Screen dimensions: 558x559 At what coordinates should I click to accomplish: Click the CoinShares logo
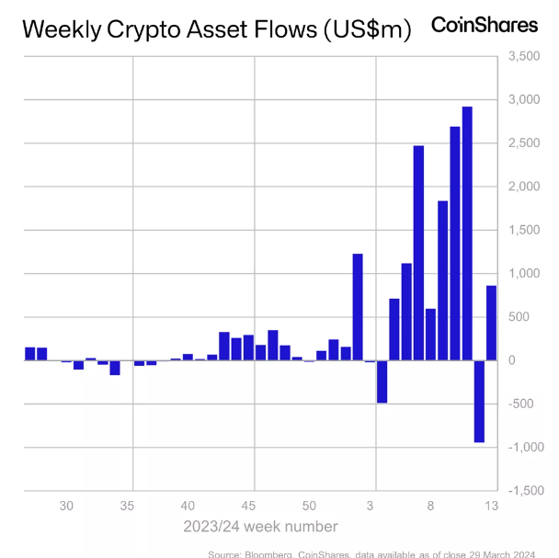pyautogui.click(x=485, y=26)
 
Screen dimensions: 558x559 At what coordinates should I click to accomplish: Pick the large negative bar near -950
pyautogui.click(x=479, y=401)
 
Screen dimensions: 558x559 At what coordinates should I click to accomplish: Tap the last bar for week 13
pyautogui.click(x=491, y=323)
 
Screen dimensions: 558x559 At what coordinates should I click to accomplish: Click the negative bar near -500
pyautogui.click(x=382, y=381)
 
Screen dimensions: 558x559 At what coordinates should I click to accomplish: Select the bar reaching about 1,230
pyautogui.click(x=358, y=307)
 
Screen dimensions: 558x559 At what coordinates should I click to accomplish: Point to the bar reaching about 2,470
pyautogui.click(x=418, y=253)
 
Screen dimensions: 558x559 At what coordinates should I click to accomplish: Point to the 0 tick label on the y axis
pyautogui.click(x=511, y=360)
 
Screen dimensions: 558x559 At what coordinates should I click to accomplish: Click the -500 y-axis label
pyautogui.click(x=520, y=404)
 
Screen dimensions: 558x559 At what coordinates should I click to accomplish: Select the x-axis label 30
pyautogui.click(x=66, y=506)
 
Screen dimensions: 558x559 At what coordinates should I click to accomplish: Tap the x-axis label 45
pyautogui.click(x=248, y=506)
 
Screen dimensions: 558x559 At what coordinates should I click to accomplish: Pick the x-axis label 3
pyautogui.click(x=370, y=506)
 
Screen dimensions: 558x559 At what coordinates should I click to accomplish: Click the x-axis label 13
pyautogui.click(x=491, y=506)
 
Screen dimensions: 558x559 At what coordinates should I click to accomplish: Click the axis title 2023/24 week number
pyautogui.click(x=260, y=527)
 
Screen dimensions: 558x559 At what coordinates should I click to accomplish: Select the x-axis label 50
pyautogui.click(x=309, y=506)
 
